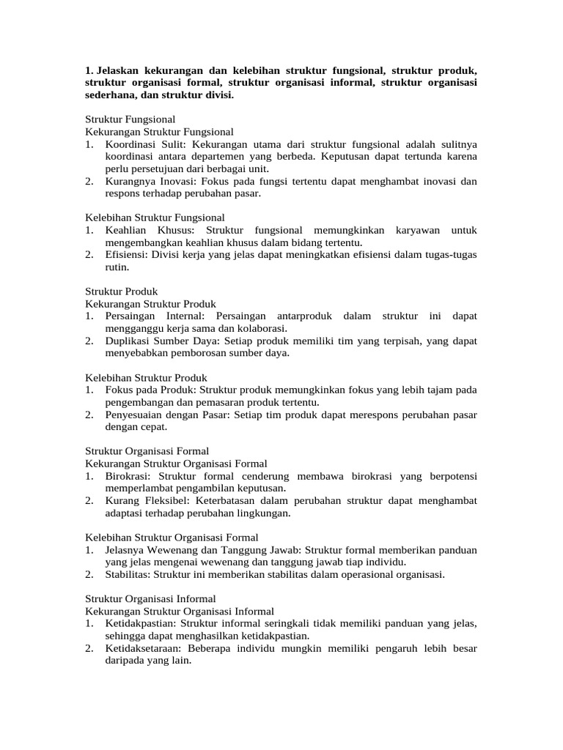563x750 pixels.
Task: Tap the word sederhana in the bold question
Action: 111,95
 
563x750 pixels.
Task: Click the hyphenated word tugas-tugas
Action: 451,255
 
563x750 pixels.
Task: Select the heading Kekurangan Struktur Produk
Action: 151,304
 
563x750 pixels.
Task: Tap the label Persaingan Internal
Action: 147,316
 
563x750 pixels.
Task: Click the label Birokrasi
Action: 130,476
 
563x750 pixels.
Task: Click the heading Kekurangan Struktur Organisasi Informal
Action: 180,611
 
